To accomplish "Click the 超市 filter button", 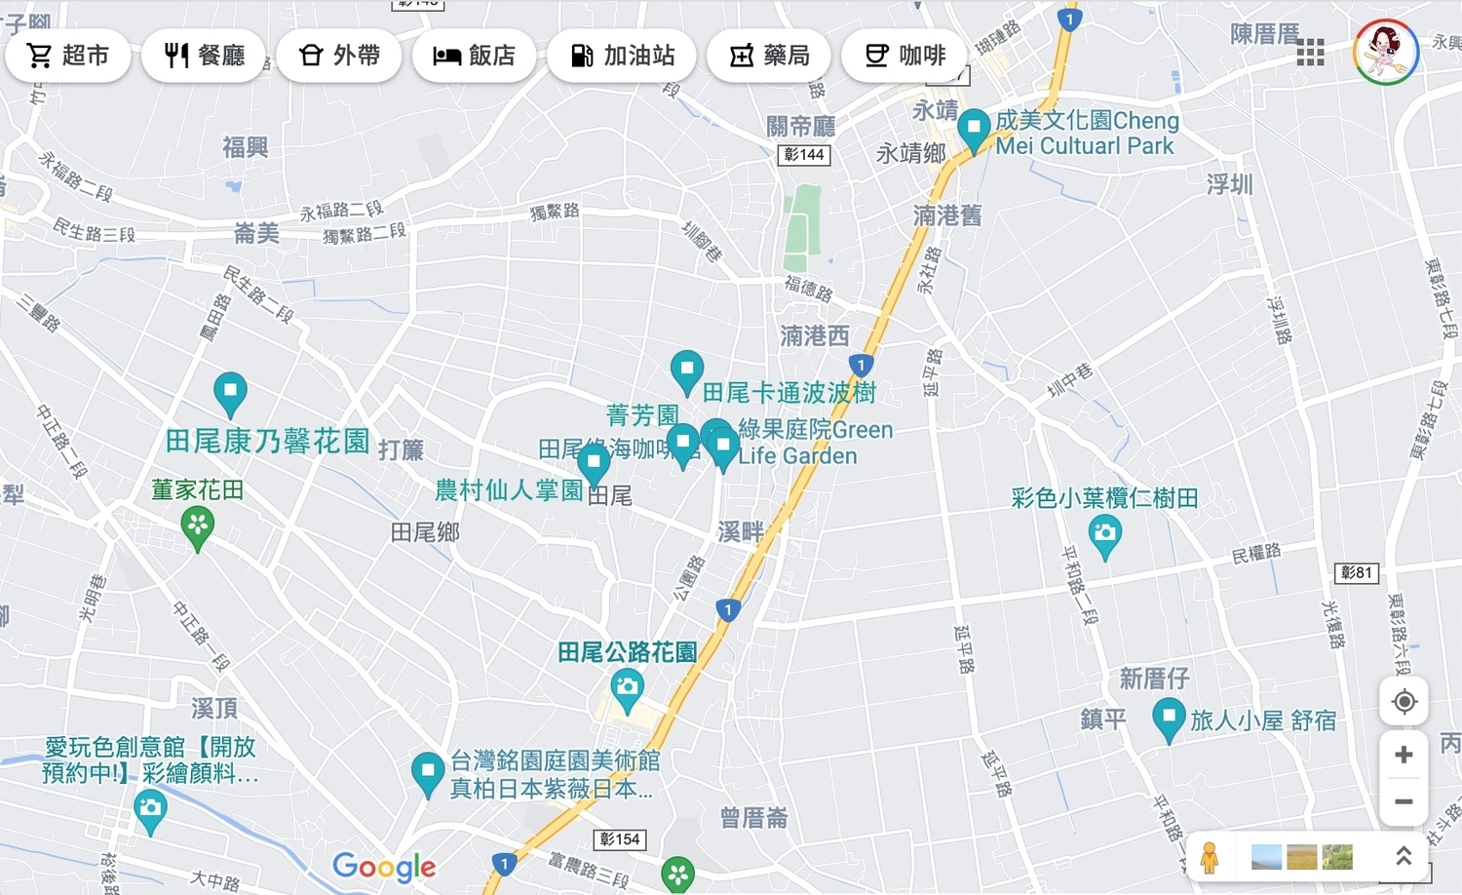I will pyautogui.click(x=67, y=56).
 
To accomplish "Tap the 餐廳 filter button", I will pyautogui.click(x=205, y=56).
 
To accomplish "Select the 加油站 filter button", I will pyautogui.click(x=622, y=56).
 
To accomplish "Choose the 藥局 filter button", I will pyautogui.click(x=769, y=56).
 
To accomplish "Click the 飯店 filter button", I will pyautogui.click(x=474, y=56).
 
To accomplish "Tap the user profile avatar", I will pyautogui.click(x=1385, y=52).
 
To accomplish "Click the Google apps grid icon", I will pyautogui.click(x=1310, y=53).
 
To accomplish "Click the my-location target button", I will pyautogui.click(x=1404, y=702).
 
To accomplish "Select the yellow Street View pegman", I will pyautogui.click(x=1210, y=858).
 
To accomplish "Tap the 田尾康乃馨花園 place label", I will pyautogui.click(x=267, y=442).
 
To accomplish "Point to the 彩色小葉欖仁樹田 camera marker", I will pyautogui.click(x=1104, y=535).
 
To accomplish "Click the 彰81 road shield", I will pyautogui.click(x=1356, y=572).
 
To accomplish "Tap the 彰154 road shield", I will pyautogui.click(x=620, y=838).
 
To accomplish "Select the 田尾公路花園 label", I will pyautogui.click(x=627, y=652).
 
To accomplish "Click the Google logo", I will pyautogui.click(x=384, y=866).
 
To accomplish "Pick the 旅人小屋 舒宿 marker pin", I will pyautogui.click(x=1168, y=720).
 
